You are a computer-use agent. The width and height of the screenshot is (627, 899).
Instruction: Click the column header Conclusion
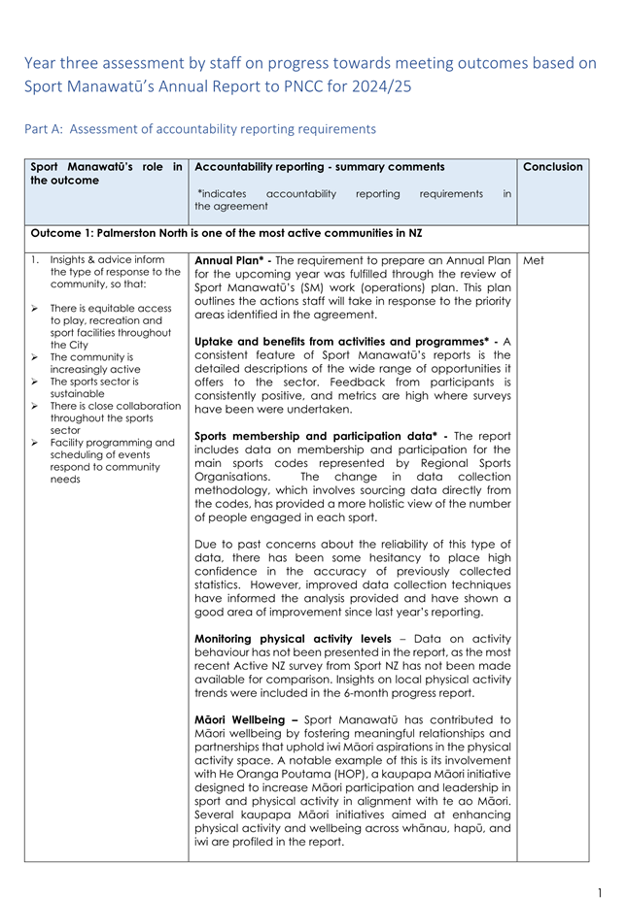point(552,167)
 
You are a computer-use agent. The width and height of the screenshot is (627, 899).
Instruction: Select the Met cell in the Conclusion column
point(533,260)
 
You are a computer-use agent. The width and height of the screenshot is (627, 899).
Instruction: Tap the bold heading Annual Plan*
point(233,260)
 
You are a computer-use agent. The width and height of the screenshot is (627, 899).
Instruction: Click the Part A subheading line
point(199,129)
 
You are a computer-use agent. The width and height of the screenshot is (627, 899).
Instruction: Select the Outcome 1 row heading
point(226,233)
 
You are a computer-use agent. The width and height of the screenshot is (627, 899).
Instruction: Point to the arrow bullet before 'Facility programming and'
point(34,443)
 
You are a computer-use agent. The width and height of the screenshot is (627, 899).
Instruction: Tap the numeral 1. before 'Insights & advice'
point(35,260)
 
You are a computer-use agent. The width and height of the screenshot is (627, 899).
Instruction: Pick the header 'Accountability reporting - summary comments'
point(320,167)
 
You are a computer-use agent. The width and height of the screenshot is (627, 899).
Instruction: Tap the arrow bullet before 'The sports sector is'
point(34,382)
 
